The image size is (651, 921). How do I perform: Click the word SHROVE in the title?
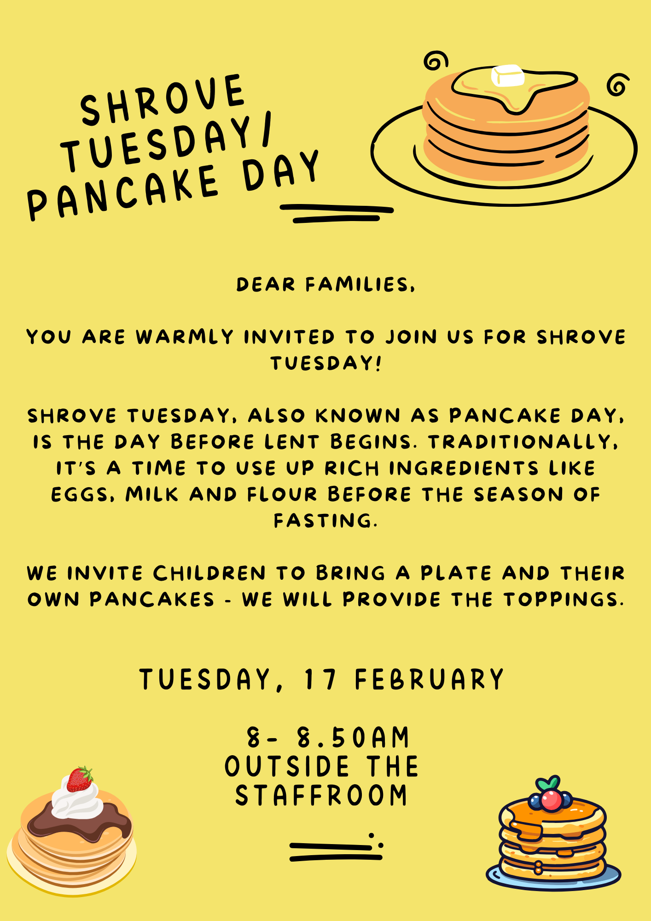pyautogui.click(x=162, y=100)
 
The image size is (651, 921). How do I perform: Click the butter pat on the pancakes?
pyautogui.click(x=508, y=76)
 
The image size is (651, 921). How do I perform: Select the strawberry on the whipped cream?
pyautogui.click(x=80, y=779)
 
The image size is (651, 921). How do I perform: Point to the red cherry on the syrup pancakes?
pyautogui.click(x=551, y=800)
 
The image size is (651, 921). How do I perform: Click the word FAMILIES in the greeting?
pyautogui.click(x=360, y=285)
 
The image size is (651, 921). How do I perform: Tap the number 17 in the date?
pyautogui.click(x=320, y=679)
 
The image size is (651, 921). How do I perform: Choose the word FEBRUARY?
pyautogui.click(x=430, y=679)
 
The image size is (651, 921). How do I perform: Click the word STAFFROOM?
pyautogui.click(x=321, y=795)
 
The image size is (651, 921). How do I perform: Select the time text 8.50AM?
pyautogui.click(x=353, y=737)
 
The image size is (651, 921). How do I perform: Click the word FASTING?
pyautogui.click(x=325, y=521)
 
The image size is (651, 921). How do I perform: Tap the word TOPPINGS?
pyautogui.click(x=564, y=600)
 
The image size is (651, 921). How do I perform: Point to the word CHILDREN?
pyautogui.click(x=209, y=573)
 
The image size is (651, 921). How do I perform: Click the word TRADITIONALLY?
pyautogui.click(x=523, y=442)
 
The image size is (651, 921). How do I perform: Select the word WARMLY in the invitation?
pyautogui.click(x=185, y=337)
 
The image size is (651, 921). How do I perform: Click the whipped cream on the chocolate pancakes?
pyautogui.click(x=77, y=799)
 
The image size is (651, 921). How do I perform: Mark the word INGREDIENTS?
pyautogui.click(x=464, y=468)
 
